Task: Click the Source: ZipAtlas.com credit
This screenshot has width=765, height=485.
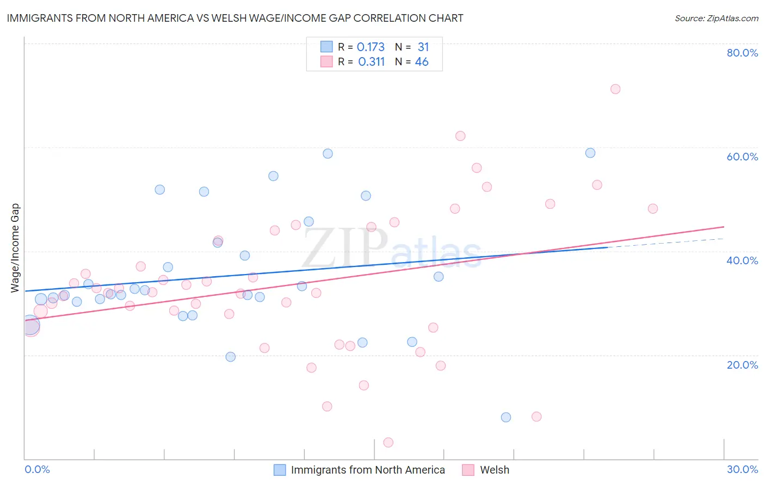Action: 716,18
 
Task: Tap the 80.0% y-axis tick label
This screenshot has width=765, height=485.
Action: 742,53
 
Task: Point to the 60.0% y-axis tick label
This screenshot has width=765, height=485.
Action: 742,157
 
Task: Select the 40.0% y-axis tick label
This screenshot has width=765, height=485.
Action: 742,260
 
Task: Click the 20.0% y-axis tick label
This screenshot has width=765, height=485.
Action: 742,365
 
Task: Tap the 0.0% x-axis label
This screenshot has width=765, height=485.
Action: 37,469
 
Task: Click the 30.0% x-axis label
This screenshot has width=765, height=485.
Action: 742,469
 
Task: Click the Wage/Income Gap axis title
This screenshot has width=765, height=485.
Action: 15,248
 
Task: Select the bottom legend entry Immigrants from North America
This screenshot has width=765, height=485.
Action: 367,470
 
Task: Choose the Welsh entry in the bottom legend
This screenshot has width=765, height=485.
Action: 494,470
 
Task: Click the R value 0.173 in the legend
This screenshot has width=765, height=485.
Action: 371,47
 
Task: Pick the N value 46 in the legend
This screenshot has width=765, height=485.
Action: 422,62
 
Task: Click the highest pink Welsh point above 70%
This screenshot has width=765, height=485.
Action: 615,89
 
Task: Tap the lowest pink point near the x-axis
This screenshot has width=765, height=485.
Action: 388,443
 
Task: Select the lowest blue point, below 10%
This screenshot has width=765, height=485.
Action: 506,418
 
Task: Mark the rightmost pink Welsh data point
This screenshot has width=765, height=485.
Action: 653,209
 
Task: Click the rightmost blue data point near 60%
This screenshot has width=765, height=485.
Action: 590,153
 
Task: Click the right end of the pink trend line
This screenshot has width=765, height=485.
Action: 723,227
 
